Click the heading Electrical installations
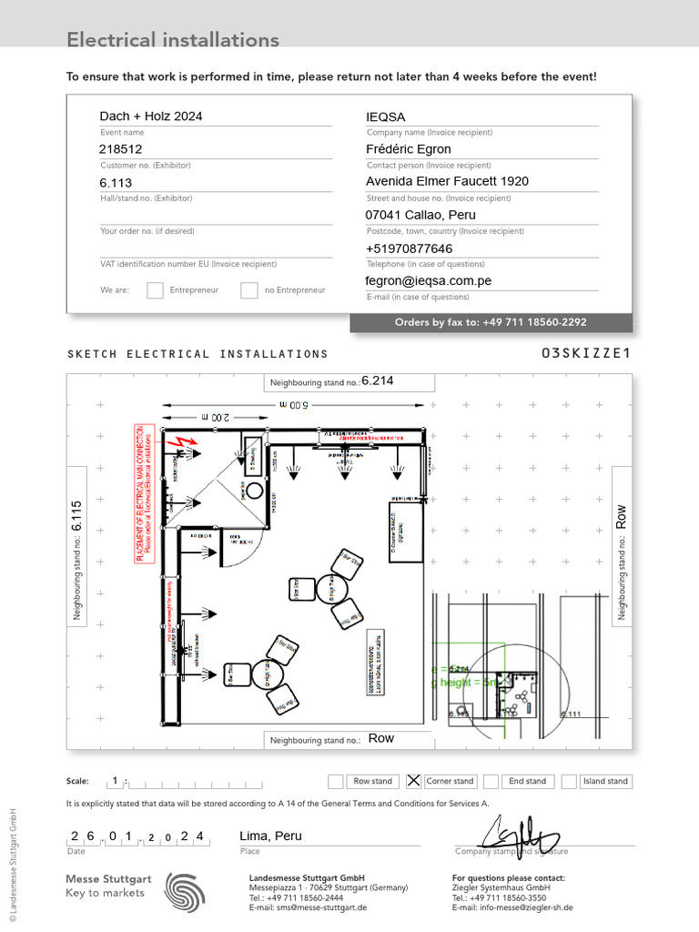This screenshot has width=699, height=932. pyautogui.click(x=173, y=40)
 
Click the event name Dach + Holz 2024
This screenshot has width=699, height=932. pyautogui.click(x=151, y=116)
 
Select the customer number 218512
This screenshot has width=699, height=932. pyautogui.click(x=121, y=149)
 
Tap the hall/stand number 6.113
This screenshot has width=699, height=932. pyautogui.click(x=116, y=182)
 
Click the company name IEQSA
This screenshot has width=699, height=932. pyautogui.click(x=385, y=117)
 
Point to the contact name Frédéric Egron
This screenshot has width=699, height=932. pyautogui.click(x=409, y=149)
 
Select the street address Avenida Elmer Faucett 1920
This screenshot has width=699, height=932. pyautogui.click(x=447, y=181)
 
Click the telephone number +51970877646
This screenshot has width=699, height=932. pyautogui.click(x=409, y=248)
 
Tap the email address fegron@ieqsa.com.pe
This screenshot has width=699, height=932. pyautogui.click(x=429, y=281)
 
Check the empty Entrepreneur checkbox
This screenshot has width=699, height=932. pyautogui.click(x=156, y=290)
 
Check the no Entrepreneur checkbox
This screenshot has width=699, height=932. pyautogui.click(x=249, y=290)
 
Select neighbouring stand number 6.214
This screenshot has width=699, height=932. pyautogui.click(x=378, y=381)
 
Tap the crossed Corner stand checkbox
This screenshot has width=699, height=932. pyautogui.click(x=413, y=781)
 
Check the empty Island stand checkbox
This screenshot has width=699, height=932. pyautogui.click(x=569, y=781)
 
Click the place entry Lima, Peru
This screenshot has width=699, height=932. pyautogui.click(x=270, y=836)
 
